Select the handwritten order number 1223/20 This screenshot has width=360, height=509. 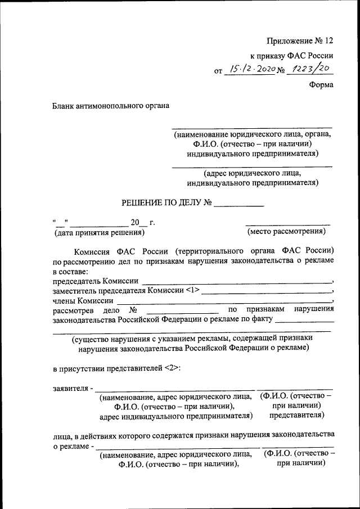309,69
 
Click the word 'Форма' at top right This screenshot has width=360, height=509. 321,85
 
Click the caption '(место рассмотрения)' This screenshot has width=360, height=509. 286,231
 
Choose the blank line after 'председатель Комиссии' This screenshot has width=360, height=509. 236,281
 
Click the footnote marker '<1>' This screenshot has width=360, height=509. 192,291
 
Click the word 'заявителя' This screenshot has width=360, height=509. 70,388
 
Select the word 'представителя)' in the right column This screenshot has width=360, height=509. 296,415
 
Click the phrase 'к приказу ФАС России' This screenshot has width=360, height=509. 291,56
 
